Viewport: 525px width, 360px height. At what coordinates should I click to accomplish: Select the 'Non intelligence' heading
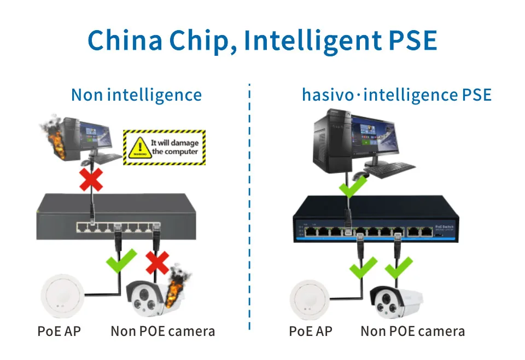[136, 95]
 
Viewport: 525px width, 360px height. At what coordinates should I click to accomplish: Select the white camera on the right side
[396, 303]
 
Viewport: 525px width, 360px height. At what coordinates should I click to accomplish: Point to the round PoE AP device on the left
[61, 298]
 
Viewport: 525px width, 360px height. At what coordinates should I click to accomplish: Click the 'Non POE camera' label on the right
[413, 331]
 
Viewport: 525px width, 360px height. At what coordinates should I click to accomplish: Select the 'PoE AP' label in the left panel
[59, 331]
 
